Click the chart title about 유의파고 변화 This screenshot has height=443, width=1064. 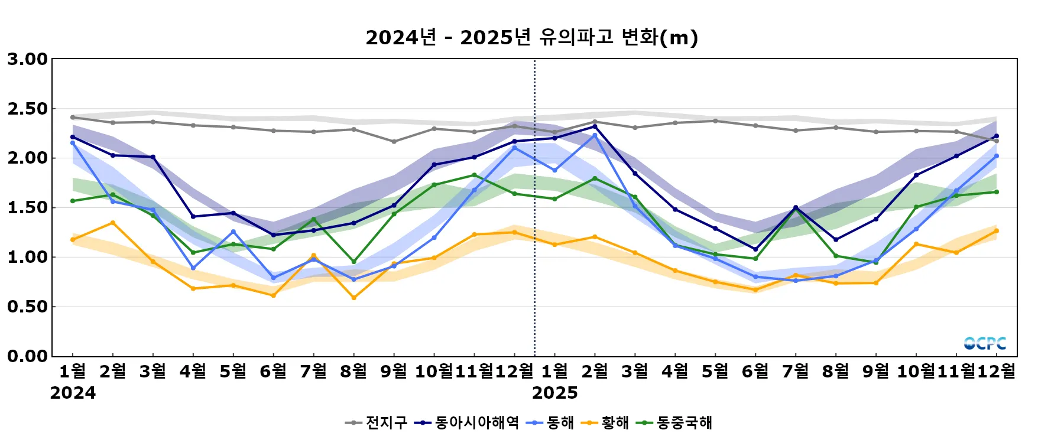point(531,38)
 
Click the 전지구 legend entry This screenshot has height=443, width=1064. point(377,422)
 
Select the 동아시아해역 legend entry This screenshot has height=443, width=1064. point(466,422)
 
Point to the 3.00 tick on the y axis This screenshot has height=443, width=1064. point(27,59)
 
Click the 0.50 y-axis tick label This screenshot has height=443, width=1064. point(27,307)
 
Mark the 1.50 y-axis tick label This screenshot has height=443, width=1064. point(27,207)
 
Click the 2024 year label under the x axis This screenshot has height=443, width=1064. point(73,393)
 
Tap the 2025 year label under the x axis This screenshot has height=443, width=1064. point(554,393)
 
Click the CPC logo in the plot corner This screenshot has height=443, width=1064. point(985,343)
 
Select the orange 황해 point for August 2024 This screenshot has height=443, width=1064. point(354,298)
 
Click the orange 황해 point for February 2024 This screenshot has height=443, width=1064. point(113,223)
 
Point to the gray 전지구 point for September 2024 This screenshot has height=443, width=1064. point(394,142)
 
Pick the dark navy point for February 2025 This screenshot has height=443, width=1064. point(595,126)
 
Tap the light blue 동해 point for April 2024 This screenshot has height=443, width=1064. point(193,268)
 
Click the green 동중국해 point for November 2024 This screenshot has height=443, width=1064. point(475,175)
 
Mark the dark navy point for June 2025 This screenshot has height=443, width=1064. point(755,249)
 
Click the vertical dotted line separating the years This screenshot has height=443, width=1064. point(535,236)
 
